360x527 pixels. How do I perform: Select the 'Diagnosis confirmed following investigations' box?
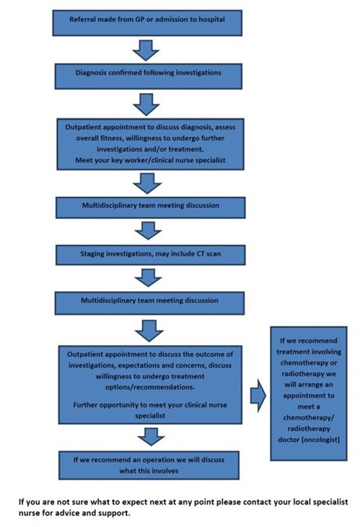[147, 72]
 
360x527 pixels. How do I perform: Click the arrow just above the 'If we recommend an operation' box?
[147, 435]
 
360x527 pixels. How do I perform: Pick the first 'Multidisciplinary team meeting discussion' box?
[147, 205]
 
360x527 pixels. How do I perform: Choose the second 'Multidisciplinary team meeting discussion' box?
[147, 299]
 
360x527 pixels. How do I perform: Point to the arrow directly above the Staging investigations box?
[147, 229]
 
